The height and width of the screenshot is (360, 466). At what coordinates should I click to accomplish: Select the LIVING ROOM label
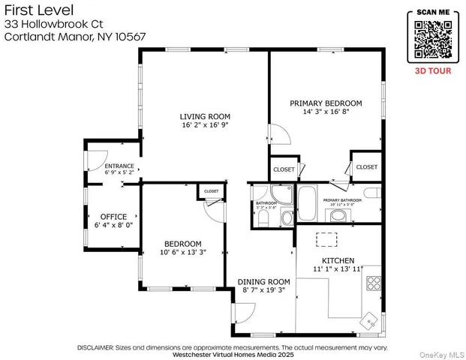pos(204,116)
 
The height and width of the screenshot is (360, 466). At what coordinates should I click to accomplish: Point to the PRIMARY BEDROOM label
pos(332,103)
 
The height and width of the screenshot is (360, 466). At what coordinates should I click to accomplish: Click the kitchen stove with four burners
pos(373,283)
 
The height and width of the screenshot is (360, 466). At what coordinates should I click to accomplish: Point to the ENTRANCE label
pos(119,166)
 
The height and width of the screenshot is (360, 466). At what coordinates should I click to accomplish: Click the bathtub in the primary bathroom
pos(308,202)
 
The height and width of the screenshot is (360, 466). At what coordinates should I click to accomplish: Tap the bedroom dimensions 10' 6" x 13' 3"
pos(183,253)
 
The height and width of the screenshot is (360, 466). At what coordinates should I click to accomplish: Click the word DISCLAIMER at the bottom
pos(95,347)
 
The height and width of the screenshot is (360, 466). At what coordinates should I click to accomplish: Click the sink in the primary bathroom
pos(338,217)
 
